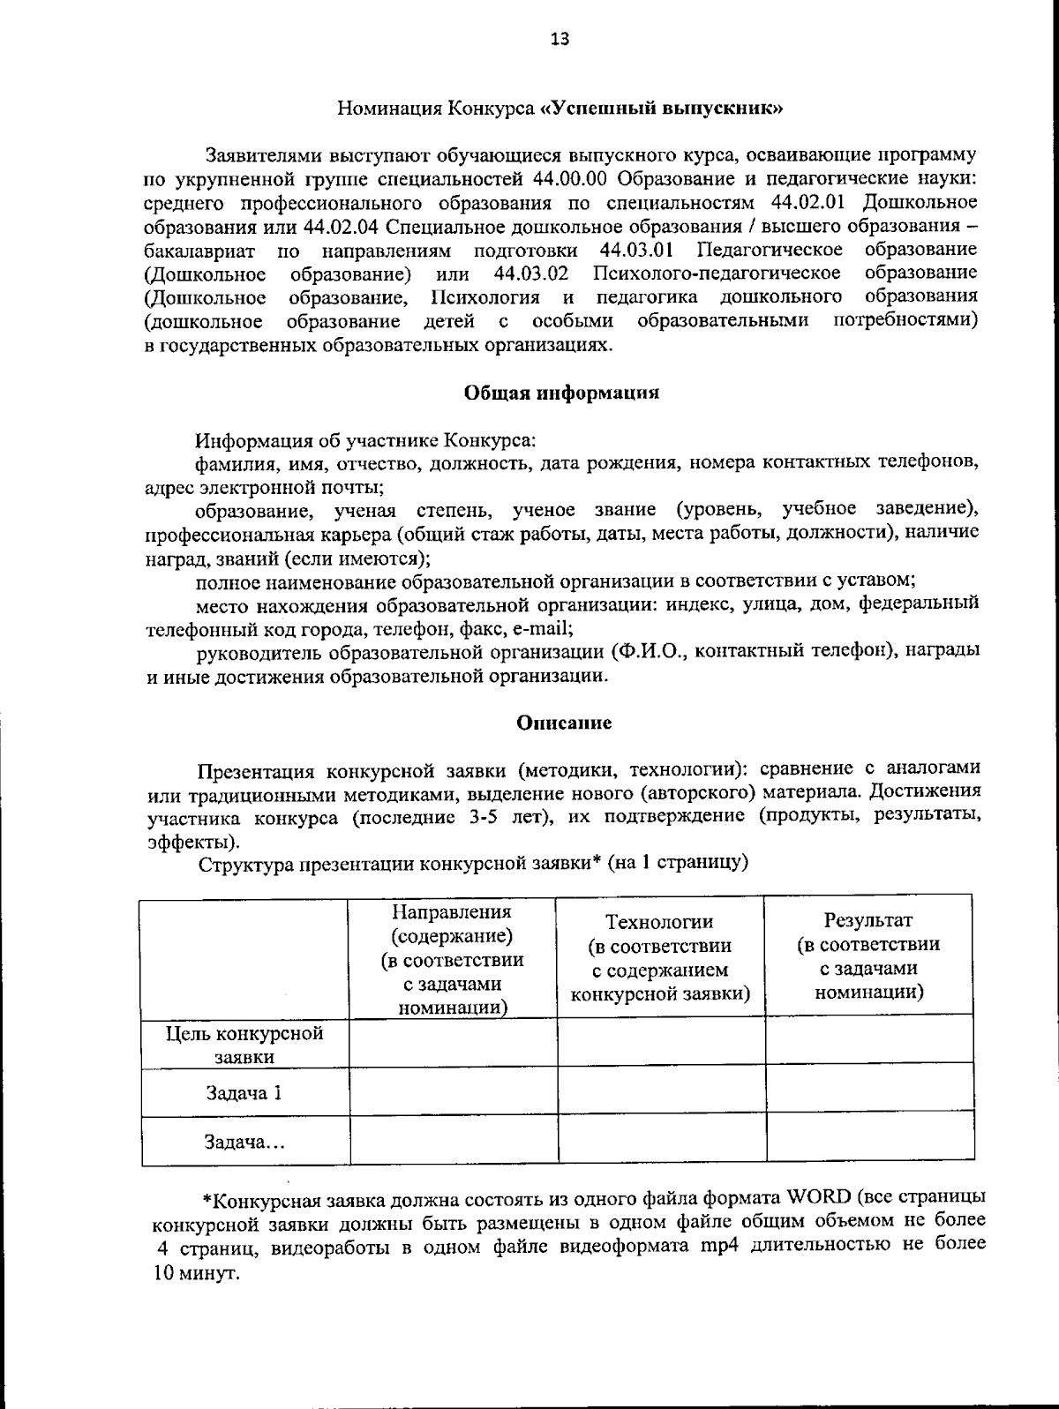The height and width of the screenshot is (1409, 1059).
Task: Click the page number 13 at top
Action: [560, 39]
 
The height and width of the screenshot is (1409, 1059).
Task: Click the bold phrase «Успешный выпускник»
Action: [661, 109]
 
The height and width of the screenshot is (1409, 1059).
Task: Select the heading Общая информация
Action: [561, 393]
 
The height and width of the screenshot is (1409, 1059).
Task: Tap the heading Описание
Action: [564, 723]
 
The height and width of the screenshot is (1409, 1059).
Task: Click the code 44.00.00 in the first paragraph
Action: [572, 179]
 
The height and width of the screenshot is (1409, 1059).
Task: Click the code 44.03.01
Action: [637, 249]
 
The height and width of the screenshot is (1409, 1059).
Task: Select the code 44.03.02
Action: [530, 272]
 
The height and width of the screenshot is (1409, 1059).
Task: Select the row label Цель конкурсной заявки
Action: [245, 1045]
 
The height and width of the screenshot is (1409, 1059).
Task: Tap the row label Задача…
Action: [244, 1143]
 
